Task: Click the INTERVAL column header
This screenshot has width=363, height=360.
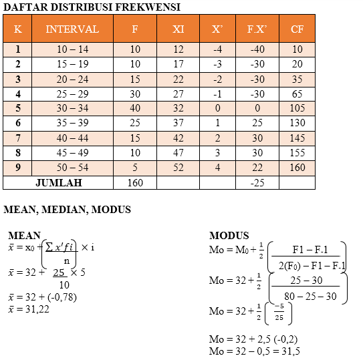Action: click(72, 29)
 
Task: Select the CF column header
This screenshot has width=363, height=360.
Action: click(297, 29)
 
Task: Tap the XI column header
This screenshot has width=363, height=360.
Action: click(178, 29)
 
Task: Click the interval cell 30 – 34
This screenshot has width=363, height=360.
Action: click(72, 108)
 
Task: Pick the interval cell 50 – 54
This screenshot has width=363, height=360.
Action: click(72, 167)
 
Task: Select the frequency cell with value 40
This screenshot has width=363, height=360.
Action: click(135, 108)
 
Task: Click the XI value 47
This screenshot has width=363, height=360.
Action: click(178, 152)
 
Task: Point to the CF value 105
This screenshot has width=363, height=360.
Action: click(297, 108)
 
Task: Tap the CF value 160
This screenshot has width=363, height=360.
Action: click(297, 167)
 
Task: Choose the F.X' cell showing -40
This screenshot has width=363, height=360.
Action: click(257, 49)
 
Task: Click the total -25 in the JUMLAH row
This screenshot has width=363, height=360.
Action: click(257, 182)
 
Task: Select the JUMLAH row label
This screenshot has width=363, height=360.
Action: click(58, 182)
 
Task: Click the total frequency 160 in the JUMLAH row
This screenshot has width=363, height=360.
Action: click(135, 182)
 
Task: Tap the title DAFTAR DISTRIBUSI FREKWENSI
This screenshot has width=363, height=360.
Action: click(92, 7)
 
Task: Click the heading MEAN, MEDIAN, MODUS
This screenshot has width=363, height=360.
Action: click(67, 210)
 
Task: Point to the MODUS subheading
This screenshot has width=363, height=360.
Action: click(229, 236)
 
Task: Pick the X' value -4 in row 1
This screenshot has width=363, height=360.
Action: click(217, 49)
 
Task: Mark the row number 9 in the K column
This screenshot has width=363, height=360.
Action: click(18, 167)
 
